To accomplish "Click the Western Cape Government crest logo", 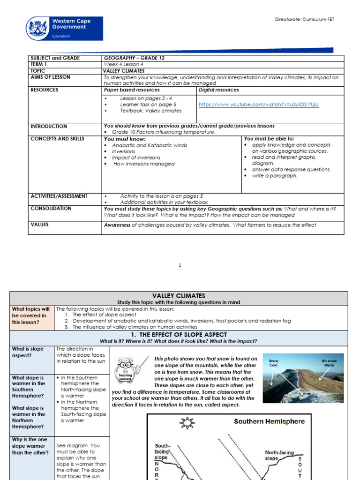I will pyautogui.click(x=38, y=29).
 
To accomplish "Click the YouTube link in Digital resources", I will pyautogui.click(x=258, y=105).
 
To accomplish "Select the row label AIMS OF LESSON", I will pyautogui.click(x=50, y=77).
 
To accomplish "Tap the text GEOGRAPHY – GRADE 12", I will pyautogui.click(x=134, y=58).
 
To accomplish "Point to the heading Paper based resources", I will pyautogui.click(x=132, y=90).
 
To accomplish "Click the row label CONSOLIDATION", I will pyautogui.click(x=51, y=209).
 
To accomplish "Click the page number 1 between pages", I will pyautogui.click(x=180, y=265).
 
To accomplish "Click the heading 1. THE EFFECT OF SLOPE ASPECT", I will pyautogui.click(x=179, y=335).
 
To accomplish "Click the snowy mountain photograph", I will pyautogui.click(x=303, y=378).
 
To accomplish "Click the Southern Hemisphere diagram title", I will pyautogui.click(x=269, y=421).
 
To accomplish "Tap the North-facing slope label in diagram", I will pyautogui.click(x=279, y=455).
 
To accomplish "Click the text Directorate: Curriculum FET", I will pyautogui.click(x=304, y=20).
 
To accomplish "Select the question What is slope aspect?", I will pyautogui.click(x=28, y=352).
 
